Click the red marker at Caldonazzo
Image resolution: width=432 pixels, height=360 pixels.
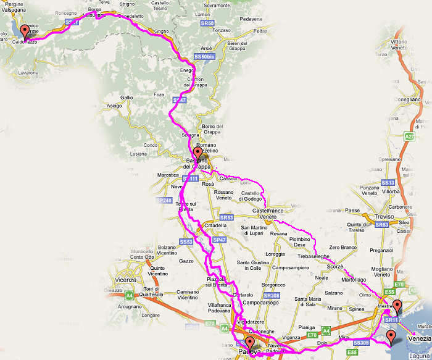point(25,31)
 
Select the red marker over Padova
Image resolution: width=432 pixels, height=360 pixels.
point(249,343)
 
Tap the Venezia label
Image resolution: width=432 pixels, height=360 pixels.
point(419,338)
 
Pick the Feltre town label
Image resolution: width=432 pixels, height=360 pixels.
point(260,30)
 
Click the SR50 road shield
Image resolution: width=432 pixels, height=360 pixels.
point(207,23)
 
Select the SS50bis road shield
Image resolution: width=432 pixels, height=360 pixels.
point(204,56)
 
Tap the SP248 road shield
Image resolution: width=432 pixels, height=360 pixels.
point(163,201)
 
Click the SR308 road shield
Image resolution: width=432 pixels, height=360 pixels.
point(272,296)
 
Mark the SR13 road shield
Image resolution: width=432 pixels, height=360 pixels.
point(388,183)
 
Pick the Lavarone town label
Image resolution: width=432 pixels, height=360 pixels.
point(30,72)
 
